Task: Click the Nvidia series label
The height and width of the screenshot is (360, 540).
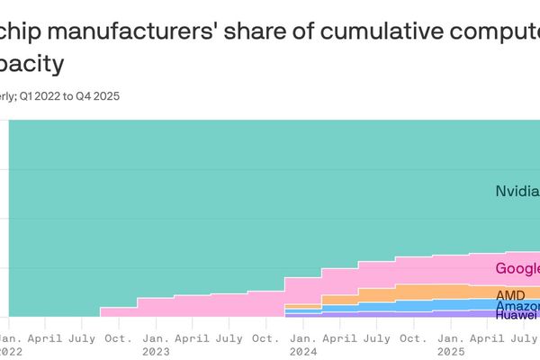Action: click(517, 191)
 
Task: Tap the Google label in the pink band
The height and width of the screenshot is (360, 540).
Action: click(517, 268)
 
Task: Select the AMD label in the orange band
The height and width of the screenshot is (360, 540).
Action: click(510, 294)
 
